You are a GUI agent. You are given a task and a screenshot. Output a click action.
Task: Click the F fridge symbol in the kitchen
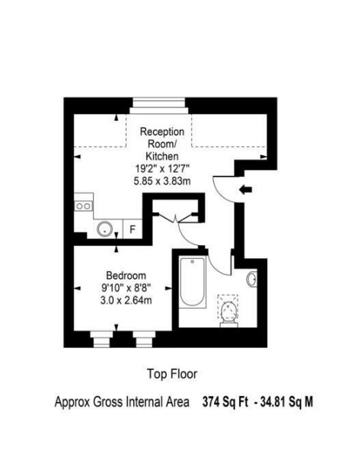tap(133, 229)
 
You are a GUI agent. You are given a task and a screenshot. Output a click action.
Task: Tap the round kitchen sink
tap(104, 228)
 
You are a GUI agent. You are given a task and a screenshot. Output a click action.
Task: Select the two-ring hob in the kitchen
tap(83, 206)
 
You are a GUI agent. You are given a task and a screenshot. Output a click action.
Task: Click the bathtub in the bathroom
tap(193, 282)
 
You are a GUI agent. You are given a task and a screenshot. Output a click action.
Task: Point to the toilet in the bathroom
tap(228, 312)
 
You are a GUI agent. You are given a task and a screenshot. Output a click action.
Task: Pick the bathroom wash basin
tap(252, 279)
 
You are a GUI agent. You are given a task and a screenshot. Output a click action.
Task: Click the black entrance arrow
tap(245, 190)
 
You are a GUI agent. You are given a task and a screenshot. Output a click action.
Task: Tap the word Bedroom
tap(126, 276)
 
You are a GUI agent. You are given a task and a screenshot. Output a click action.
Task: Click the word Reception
tap(162, 132)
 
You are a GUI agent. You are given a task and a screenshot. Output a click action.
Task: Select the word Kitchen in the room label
tap(162, 156)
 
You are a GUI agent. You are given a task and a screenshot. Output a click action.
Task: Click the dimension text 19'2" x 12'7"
tap(162, 168)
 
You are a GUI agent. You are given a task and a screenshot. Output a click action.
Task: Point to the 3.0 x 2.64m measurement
tap(126, 300)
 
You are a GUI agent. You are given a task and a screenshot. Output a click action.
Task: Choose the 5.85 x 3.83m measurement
tap(162, 181)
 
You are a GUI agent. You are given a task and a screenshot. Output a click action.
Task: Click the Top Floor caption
tap(172, 374)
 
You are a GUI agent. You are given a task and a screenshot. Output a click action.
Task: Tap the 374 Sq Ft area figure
tap(225, 402)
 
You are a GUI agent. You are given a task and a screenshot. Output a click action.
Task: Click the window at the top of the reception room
tap(159, 106)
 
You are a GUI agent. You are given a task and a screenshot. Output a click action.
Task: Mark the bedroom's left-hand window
tap(101, 339)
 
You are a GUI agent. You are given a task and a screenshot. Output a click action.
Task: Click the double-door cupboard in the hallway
tap(176, 211)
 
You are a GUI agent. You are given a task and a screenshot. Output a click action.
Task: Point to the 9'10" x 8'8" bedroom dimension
tap(126, 288)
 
